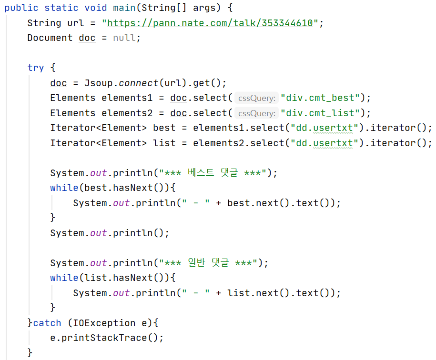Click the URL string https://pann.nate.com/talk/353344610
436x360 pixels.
pos(210,23)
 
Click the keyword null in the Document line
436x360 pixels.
pos(124,38)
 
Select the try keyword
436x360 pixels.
pos(36,68)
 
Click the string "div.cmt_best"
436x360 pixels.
pos(320,98)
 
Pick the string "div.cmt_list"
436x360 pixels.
pos(320,113)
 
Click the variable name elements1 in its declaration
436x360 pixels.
pos(127,98)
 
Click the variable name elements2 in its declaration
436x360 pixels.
pos(127,113)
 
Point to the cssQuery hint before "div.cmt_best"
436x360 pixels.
pos(256,99)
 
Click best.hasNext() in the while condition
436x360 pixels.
pos(124,188)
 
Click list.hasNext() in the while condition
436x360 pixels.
pos(124,278)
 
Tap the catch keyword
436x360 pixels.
pos(47,323)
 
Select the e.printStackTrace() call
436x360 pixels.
pos(107,338)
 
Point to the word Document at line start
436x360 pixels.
pos(50,38)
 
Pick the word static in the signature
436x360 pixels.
pos(61,8)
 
